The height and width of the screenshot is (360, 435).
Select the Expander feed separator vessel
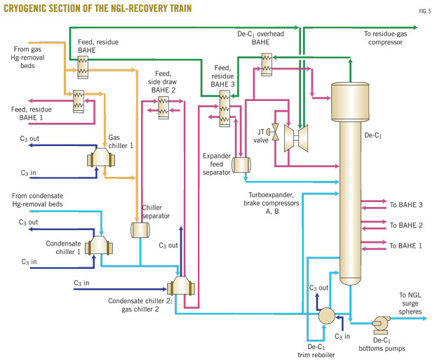(243, 164)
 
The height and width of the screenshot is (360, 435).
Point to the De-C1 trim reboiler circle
(326, 315)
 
